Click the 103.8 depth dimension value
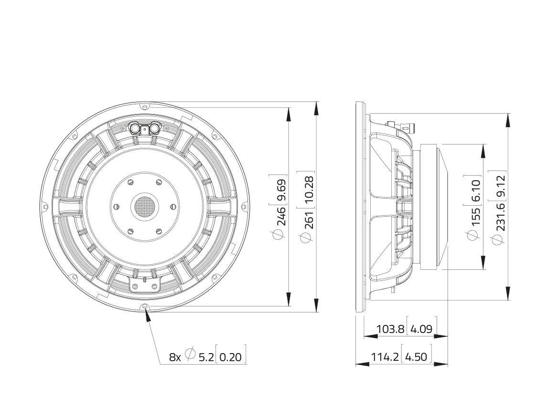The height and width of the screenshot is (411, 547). tap(390, 329)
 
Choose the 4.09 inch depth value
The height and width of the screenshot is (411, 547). tap(421, 329)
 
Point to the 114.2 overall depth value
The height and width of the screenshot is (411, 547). tap(385, 356)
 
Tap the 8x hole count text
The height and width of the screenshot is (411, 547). tap(175, 357)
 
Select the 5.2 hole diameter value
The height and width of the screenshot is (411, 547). tap(206, 357)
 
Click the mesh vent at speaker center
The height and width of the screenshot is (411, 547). tap(144, 206)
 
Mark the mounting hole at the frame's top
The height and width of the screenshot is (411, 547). tap(144, 106)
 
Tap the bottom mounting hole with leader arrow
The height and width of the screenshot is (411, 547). tap(145, 306)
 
